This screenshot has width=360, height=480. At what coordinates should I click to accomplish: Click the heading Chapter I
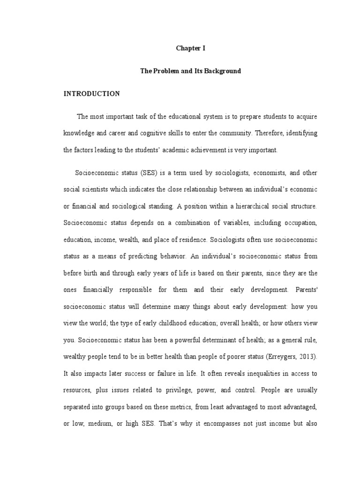pos(190,48)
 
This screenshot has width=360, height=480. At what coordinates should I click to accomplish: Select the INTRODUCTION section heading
pos(91,94)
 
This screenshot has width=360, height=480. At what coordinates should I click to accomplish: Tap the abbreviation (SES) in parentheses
pos(148,173)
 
